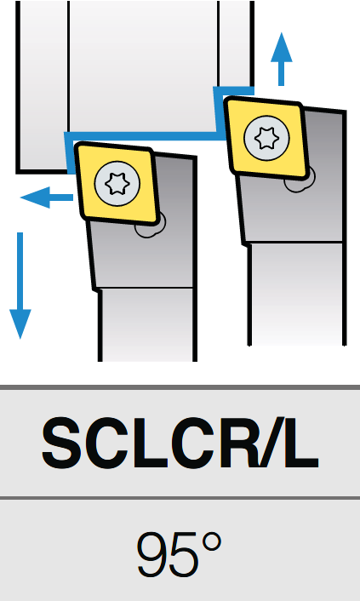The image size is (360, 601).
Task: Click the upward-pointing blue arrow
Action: [x=282, y=60]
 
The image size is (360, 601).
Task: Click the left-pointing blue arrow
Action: [x=47, y=197]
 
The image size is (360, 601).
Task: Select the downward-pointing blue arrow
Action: [x=20, y=285]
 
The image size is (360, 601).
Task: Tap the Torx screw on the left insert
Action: [x=117, y=184]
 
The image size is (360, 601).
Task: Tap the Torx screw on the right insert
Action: [x=267, y=138]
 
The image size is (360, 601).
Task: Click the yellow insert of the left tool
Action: [x=117, y=183]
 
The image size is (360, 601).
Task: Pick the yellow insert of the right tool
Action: [x=267, y=138]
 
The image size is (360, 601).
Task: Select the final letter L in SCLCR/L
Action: [x=302, y=444]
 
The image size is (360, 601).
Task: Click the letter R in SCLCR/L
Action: [x=240, y=444]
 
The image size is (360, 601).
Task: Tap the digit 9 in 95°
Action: [x=153, y=555]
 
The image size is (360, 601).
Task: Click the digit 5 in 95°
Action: [x=186, y=555]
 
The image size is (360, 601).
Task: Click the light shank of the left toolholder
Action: [x=147, y=324]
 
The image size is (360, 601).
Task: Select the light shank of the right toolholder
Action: [x=297, y=294]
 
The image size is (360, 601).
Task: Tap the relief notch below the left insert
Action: [x=151, y=227]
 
